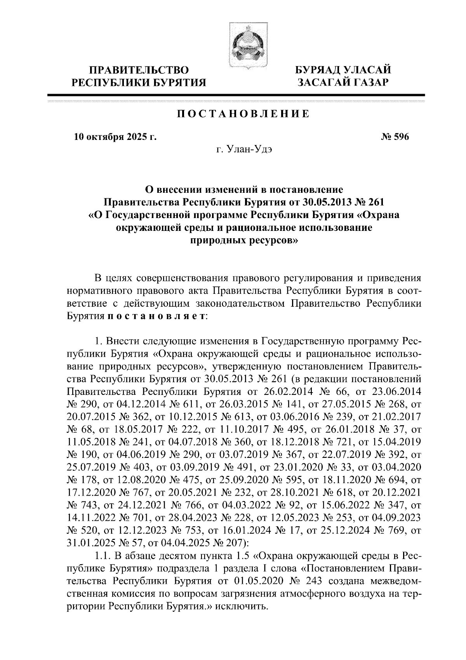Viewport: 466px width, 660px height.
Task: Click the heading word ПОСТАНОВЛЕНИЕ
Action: tap(244, 114)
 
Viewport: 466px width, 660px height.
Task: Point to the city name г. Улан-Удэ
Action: tap(244, 150)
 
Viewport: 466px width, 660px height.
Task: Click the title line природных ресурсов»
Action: tap(244, 240)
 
